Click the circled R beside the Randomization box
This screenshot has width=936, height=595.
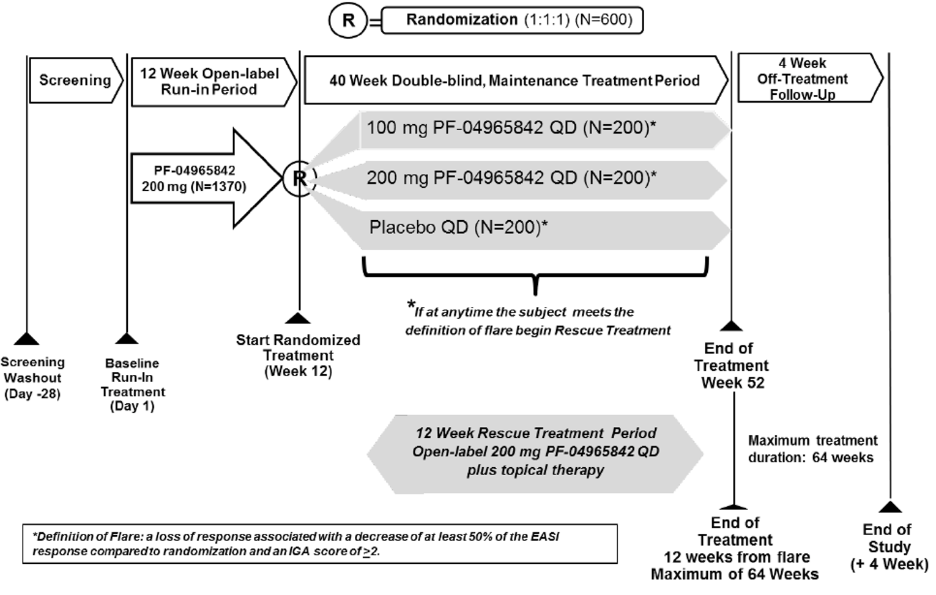click(348, 20)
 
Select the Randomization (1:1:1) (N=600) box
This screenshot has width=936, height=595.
click(513, 20)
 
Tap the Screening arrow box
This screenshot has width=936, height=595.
click(75, 80)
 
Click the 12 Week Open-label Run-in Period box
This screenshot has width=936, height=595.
click(209, 81)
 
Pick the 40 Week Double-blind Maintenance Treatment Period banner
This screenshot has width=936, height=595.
click(514, 81)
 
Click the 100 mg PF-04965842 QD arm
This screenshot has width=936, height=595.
click(511, 128)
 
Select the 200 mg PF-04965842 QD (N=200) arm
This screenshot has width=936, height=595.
click(511, 178)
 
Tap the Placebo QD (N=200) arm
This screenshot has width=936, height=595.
click(459, 227)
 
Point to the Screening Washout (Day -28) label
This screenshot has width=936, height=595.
click(32, 378)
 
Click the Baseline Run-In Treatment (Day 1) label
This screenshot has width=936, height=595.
click(132, 385)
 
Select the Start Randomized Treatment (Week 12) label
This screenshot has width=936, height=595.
click(298, 355)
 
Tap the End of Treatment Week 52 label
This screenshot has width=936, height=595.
click(731, 366)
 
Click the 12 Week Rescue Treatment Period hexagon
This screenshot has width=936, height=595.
click(535, 452)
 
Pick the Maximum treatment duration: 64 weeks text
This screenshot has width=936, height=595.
click(812, 449)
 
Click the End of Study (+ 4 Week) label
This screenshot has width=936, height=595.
click(888, 547)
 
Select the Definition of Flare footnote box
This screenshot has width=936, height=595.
click(320, 544)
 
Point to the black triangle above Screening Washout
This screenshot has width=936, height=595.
click(26, 339)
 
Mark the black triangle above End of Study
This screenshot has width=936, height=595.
click(890, 507)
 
